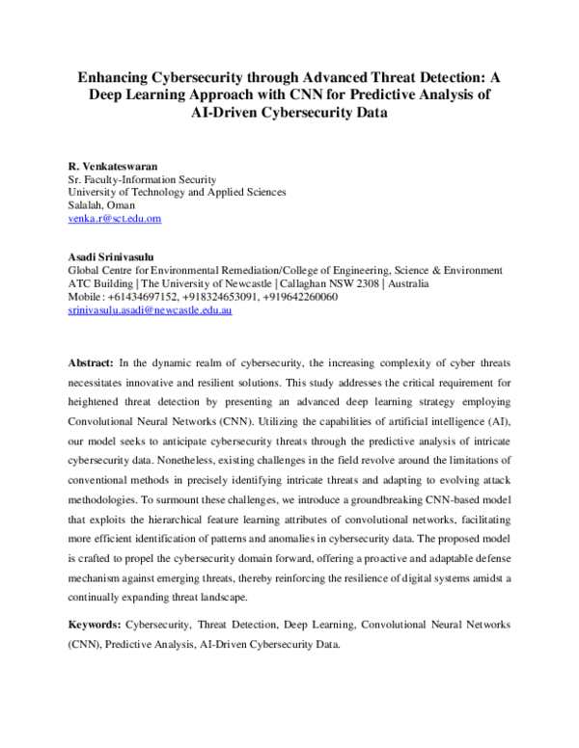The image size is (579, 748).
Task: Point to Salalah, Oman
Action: pyautogui.click(x=101, y=205)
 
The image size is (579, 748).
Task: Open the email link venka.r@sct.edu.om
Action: pyautogui.click(x=114, y=219)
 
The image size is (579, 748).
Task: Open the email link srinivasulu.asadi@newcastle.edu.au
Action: pyautogui.click(x=150, y=311)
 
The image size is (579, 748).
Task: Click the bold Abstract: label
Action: pyautogui.click(x=90, y=362)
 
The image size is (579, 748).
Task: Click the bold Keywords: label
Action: pyautogui.click(x=94, y=626)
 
